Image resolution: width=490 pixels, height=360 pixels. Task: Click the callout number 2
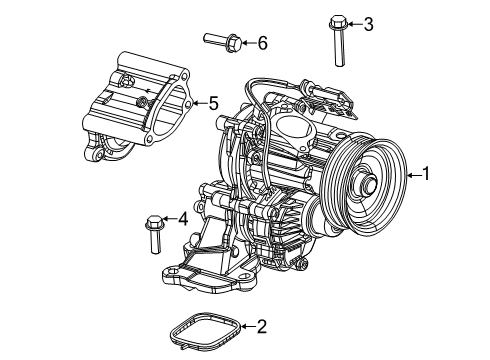pyautogui.click(x=261, y=326)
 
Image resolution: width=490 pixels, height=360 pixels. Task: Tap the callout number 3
pyautogui.click(x=368, y=22)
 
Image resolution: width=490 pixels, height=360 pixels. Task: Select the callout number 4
pyautogui.click(x=182, y=219)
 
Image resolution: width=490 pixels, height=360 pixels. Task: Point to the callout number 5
pyautogui.click(x=212, y=103)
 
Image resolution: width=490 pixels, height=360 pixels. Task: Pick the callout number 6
pyautogui.click(x=263, y=42)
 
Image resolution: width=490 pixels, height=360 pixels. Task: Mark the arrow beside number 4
pyautogui.click(x=168, y=219)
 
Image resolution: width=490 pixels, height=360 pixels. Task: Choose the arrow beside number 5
pyautogui.click(x=197, y=103)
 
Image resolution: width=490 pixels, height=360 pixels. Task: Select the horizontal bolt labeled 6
pyautogui.click(x=222, y=41)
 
